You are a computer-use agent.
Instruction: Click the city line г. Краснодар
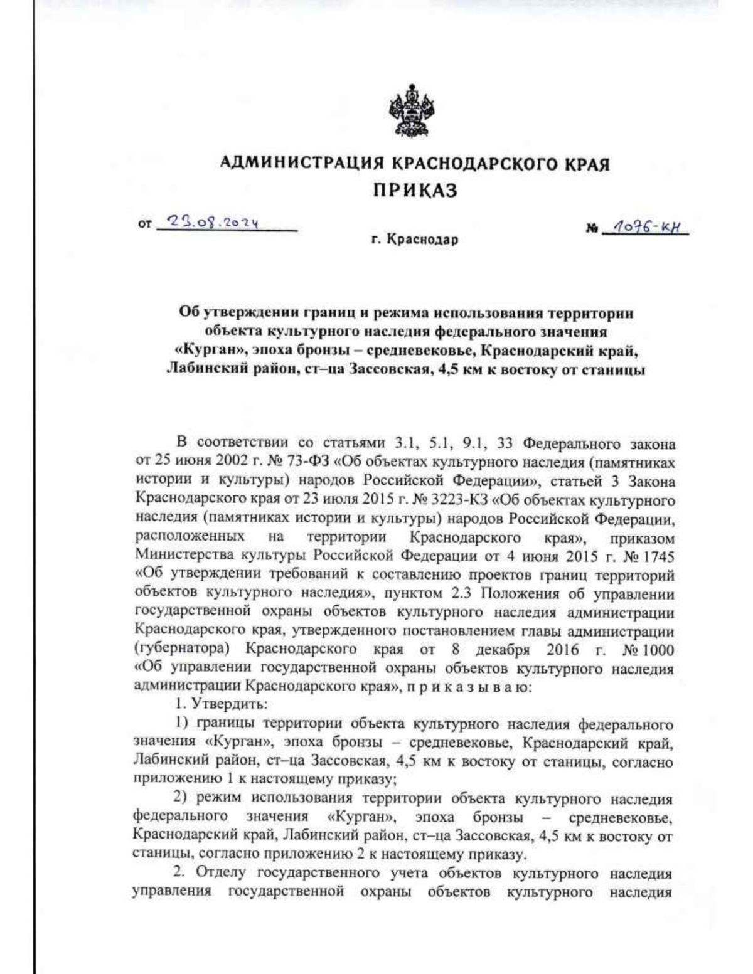tap(414, 240)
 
